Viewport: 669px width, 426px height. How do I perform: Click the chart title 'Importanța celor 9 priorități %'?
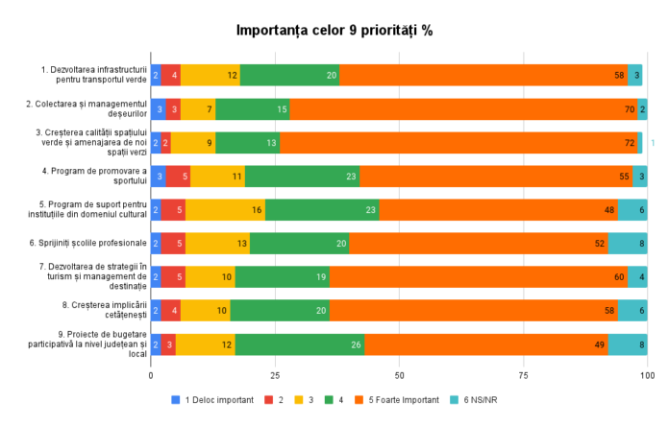(x=334, y=31)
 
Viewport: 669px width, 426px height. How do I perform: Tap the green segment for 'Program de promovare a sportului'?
(x=302, y=177)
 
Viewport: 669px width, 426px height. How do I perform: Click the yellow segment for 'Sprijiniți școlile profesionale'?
(x=217, y=243)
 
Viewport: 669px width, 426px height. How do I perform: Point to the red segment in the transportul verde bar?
(x=170, y=75)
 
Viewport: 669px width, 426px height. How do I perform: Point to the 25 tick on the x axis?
(x=275, y=375)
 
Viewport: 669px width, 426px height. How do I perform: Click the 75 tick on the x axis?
(x=523, y=375)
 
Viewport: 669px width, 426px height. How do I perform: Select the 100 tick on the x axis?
(x=647, y=375)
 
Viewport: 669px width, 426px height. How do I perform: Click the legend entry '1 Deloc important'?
(x=216, y=399)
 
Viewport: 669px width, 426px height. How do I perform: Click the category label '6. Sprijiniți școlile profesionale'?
(x=93, y=243)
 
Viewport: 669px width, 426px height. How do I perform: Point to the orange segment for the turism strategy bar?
(x=478, y=276)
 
